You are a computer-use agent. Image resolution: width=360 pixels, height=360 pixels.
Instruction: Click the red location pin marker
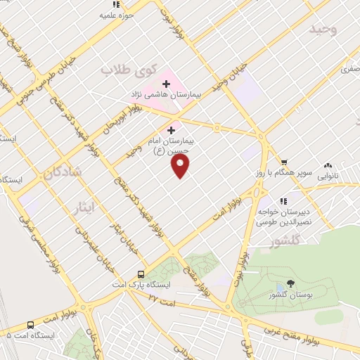(181, 165)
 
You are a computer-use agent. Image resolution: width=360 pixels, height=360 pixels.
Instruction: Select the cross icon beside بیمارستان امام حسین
(171, 129)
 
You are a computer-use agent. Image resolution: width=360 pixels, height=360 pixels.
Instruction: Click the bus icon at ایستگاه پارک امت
(141, 274)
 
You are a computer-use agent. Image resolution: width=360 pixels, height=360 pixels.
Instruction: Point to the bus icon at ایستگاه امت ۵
(30, 326)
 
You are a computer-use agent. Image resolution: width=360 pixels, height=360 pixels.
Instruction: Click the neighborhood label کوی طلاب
(127, 70)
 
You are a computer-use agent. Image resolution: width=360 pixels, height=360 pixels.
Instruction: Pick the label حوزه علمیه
(116, 14)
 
